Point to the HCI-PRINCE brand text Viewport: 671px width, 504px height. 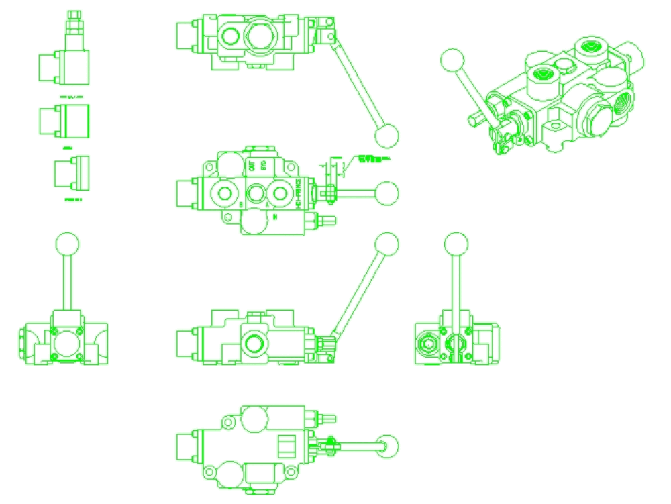pos(297,193)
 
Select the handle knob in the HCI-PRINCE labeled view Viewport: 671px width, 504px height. pos(386,193)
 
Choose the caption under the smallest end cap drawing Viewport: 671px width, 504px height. pos(72,200)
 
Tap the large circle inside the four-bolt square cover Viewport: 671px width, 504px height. pos(65,343)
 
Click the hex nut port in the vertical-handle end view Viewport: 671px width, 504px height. pos(427,344)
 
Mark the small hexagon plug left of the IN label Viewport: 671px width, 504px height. pos(229,217)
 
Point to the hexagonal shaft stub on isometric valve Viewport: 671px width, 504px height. pos(474,119)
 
